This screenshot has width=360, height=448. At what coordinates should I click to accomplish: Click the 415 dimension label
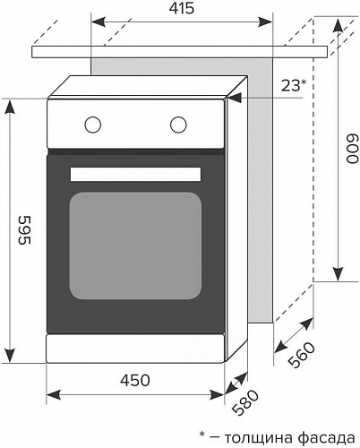pos(182,8)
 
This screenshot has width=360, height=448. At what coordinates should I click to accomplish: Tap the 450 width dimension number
pos(135,381)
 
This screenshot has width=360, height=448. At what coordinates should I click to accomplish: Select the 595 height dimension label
pos(24,230)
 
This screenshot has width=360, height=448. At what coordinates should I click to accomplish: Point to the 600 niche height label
pos(352,149)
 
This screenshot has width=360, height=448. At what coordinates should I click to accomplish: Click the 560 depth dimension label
pos(302,355)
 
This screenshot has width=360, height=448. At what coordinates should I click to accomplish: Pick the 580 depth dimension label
pos(245,402)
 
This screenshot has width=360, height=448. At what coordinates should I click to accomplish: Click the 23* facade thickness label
pos(294,86)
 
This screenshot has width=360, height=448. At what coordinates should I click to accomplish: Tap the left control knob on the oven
pos(92,125)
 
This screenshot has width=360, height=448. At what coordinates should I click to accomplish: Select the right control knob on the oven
pos(178,125)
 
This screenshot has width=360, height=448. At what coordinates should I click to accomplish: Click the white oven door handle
pos(135,174)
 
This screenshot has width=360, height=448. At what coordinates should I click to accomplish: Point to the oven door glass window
pos(135,246)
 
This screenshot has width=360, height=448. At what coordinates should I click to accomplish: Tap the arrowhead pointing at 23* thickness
pos(235,98)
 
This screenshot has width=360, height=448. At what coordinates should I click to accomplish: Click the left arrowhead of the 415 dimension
pos(99,22)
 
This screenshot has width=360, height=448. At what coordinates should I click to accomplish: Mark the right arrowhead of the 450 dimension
pos(217,394)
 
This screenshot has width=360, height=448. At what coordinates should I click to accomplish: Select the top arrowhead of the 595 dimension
pos(10,108)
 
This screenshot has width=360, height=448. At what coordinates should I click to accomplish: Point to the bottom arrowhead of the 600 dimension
pos(338,274)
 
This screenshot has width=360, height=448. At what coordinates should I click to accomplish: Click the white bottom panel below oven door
pos(135,349)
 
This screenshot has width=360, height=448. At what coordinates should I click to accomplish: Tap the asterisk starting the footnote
pos(202,434)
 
